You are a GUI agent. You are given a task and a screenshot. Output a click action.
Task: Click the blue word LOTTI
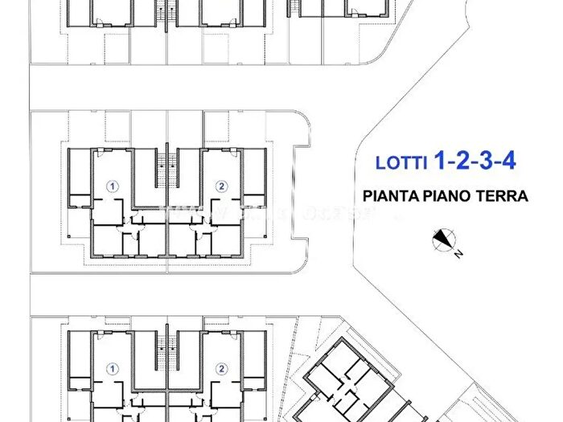(x=402, y=162)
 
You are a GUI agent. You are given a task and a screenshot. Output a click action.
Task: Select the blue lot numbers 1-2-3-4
(x=475, y=161)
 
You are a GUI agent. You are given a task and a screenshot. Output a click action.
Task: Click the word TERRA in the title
(x=502, y=195)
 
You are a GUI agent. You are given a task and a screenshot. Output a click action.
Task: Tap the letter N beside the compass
(x=456, y=254)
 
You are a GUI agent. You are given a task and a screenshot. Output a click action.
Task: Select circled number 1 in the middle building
(x=113, y=186)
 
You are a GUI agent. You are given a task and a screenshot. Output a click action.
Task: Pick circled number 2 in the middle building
(x=221, y=186)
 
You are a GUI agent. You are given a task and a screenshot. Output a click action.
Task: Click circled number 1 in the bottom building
(x=113, y=368)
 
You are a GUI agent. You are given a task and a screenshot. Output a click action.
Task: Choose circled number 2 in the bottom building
(x=221, y=368)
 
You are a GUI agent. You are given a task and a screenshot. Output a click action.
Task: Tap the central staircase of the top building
(x=166, y=12)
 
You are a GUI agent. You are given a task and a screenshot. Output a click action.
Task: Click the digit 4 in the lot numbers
(x=507, y=161)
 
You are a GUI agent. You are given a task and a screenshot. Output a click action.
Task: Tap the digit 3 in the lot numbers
(x=483, y=161)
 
